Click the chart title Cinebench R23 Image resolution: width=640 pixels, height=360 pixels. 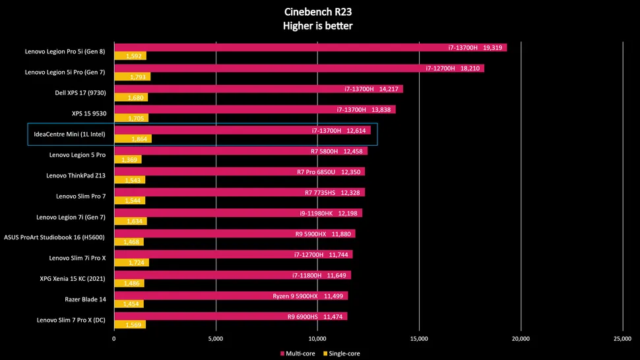point(319,12)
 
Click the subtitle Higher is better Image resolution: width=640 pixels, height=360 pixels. point(319,26)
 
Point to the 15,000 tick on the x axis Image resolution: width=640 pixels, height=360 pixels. point(420,339)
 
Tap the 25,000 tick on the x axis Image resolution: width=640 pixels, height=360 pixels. point(623,339)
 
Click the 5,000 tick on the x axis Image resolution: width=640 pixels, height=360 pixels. point(216,339)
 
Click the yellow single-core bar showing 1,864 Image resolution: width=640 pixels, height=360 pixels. point(133,139)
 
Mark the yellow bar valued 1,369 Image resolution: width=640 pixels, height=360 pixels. point(127,160)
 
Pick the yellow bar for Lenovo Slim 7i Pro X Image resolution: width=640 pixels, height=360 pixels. point(131,263)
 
